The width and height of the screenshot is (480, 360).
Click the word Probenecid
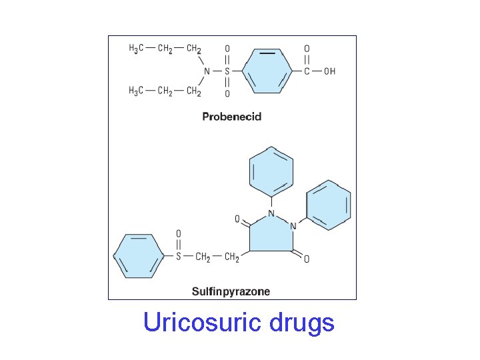[232, 117]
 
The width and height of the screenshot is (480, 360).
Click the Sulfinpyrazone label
[231, 291]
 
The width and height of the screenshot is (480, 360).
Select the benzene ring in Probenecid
[267, 71]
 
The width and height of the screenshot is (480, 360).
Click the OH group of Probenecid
[329, 71]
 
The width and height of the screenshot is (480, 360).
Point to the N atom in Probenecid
[207, 71]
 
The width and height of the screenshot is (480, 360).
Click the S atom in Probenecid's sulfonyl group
[227, 71]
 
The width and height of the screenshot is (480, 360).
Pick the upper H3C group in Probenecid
[135, 49]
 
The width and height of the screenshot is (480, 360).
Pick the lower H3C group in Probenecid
[135, 91]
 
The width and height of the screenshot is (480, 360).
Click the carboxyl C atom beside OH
[307, 71]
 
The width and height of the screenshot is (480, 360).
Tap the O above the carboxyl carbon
[307, 49]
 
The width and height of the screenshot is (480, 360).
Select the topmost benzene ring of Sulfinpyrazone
[271, 171]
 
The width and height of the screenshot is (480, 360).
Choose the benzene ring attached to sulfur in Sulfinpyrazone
[138, 256]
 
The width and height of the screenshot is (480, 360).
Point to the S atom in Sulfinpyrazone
[178, 257]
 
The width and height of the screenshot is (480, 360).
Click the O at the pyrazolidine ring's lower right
[306, 259]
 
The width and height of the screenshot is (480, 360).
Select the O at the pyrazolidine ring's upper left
[237, 219]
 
